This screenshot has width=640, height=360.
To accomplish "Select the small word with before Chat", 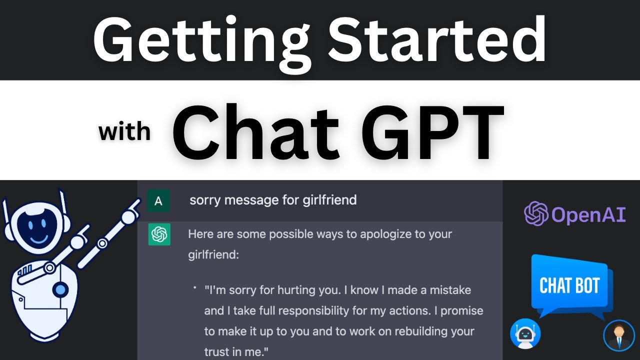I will coord(124,132).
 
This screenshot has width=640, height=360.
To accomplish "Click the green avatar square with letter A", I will coord(158,201).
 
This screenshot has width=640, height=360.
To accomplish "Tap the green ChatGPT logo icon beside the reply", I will coord(159,234).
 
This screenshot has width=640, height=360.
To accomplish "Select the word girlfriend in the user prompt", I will coord(329,200).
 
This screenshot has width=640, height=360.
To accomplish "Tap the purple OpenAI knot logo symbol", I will coord(536,214).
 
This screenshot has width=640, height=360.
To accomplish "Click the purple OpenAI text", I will coord(588,214).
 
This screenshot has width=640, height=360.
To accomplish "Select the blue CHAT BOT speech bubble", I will coord(569,285).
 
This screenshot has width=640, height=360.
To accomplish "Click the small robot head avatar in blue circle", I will coord(525,334).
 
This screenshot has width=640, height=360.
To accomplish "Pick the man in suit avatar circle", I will coord(618,334).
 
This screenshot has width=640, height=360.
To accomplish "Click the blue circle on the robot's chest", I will coord(60,289).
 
